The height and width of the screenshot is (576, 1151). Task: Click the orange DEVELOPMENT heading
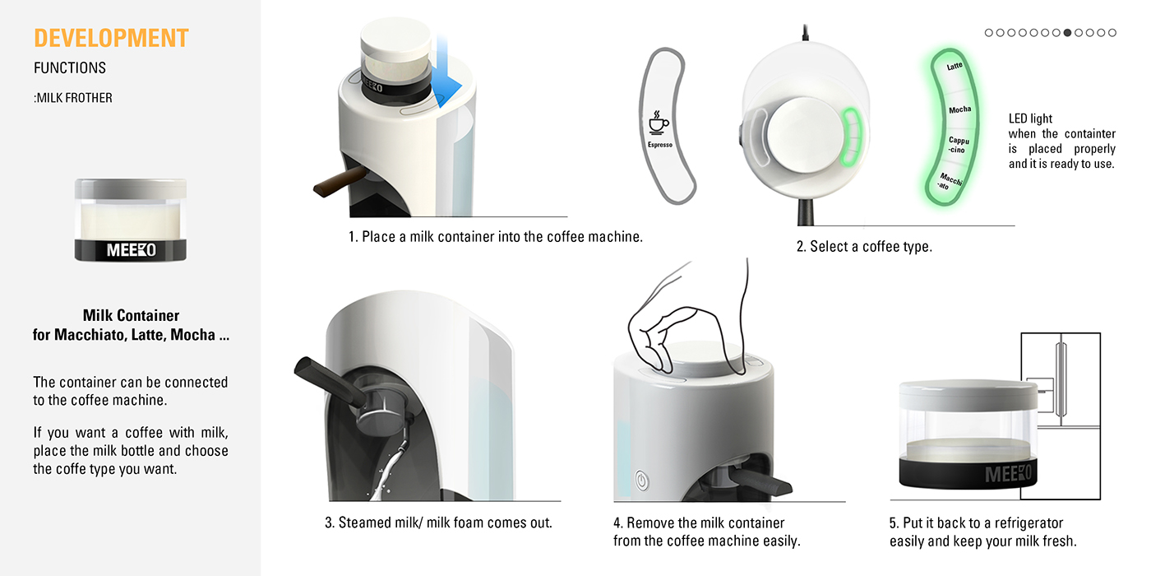111,39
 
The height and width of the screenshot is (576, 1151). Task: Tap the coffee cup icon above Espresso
659,122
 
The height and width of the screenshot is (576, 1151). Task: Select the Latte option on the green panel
955,67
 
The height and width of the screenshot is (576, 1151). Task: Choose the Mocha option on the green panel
959,109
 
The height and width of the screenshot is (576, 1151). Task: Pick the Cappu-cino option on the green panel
959,146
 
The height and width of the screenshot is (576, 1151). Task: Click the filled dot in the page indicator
1067,33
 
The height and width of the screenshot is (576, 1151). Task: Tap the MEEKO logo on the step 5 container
1007,475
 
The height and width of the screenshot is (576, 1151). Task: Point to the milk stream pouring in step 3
386,469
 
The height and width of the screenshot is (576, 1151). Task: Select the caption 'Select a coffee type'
864,246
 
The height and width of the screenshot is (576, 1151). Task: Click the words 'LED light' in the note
1030,119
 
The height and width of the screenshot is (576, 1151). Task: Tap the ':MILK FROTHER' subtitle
73,98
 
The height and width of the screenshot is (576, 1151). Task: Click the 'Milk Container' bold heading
131,315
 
